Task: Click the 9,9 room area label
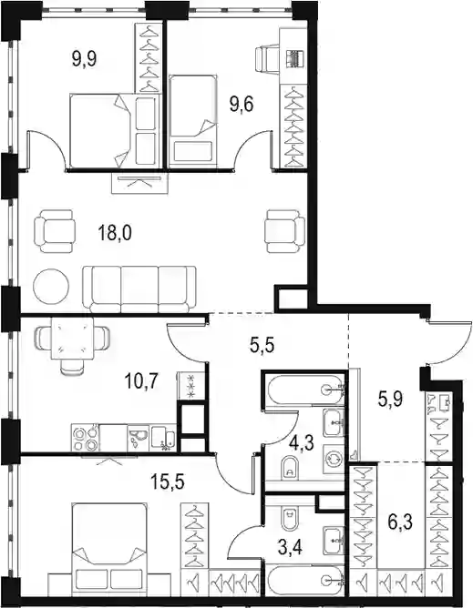[85, 60]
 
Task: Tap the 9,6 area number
[242, 105]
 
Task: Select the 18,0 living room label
[115, 234]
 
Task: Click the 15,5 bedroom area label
[169, 482]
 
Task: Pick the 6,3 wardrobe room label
[402, 522]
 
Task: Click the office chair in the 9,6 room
[267, 58]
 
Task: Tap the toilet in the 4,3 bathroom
[289, 467]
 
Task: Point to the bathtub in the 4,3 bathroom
[305, 388]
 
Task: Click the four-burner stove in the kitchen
[85, 438]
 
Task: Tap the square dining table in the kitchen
[72, 338]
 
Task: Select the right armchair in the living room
[284, 231]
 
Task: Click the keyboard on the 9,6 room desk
[294, 59]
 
